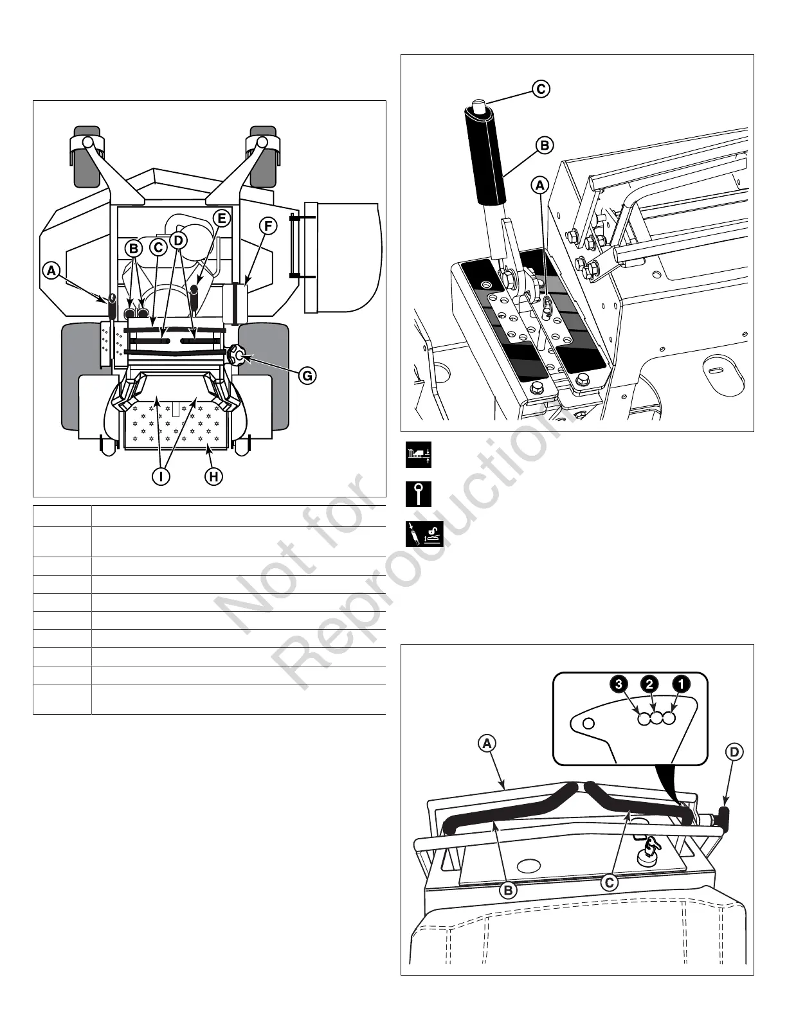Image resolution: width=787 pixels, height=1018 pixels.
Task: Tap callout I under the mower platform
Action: (162, 477)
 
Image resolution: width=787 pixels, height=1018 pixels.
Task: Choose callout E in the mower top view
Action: (221, 218)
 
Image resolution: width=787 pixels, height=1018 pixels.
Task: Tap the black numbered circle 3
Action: (619, 684)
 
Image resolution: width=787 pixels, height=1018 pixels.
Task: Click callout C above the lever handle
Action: (541, 89)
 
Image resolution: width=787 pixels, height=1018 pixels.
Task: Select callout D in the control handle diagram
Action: (734, 750)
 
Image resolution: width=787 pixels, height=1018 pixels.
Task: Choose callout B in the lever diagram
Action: (544, 145)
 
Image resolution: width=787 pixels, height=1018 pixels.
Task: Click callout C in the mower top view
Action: (158, 247)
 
